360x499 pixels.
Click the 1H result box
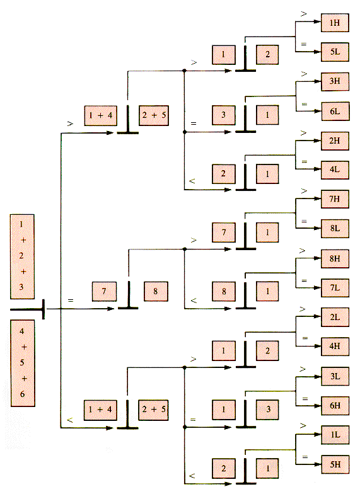(x=335, y=23)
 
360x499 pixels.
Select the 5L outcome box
(x=335, y=52)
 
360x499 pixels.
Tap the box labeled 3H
(x=335, y=81)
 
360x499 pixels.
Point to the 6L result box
(x=335, y=111)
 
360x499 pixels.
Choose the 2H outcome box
(x=335, y=141)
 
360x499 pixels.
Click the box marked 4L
(x=335, y=170)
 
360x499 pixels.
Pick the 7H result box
(x=335, y=199)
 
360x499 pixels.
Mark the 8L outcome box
(x=335, y=229)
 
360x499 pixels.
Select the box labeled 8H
(x=335, y=258)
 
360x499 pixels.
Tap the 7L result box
(x=335, y=288)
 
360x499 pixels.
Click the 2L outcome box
(x=335, y=317)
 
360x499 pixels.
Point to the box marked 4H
(x=335, y=347)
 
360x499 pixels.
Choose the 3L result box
(x=335, y=376)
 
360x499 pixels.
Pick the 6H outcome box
(x=335, y=406)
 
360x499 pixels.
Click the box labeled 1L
(x=335, y=435)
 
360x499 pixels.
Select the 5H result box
(x=335, y=464)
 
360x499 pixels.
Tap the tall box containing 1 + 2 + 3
(x=22, y=256)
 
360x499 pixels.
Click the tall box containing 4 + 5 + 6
(x=23, y=363)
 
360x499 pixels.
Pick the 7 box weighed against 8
(x=104, y=291)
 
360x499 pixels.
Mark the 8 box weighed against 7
(x=156, y=291)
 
